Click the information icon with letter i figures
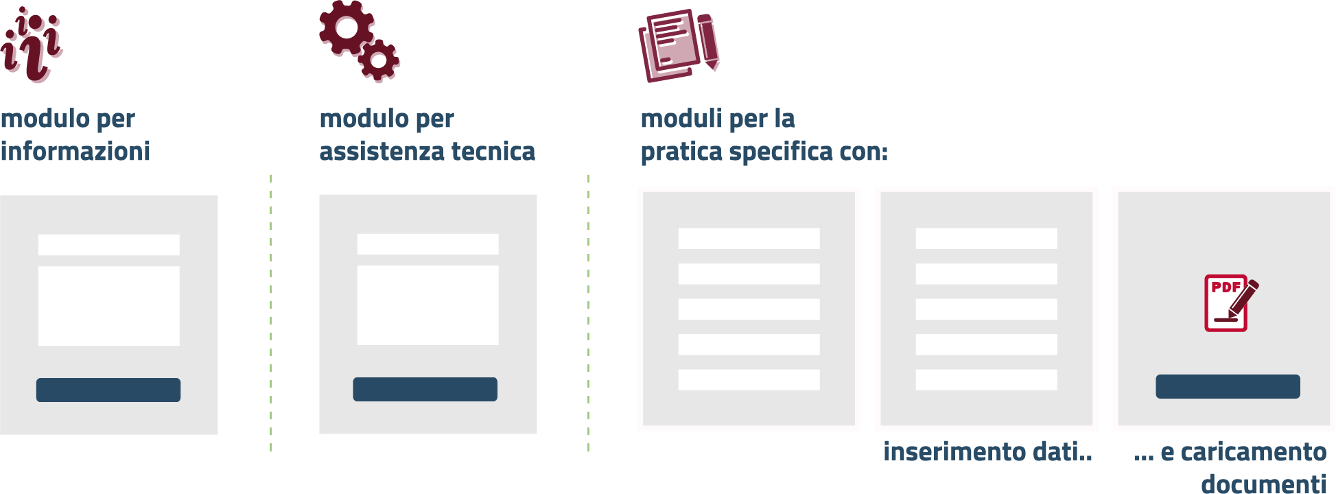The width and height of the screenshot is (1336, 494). click(x=32, y=45)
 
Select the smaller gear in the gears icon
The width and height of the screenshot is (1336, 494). click(x=378, y=60)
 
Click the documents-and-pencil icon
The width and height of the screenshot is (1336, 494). click(x=678, y=45)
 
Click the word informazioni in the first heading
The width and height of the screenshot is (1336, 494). click(x=75, y=152)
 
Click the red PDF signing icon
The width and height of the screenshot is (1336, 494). click(x=1230, y=303)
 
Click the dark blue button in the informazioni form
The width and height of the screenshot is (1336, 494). click(x=108, y=390)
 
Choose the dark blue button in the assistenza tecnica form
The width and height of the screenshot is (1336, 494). click(x=425, y=389)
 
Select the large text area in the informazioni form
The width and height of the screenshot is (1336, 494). click(x=108, y=305)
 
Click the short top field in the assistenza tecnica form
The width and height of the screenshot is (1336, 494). click(x=427, y=244)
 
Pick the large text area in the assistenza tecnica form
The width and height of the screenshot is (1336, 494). click(x=427, y=305)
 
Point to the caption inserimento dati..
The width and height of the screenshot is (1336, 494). click(x=987, y=451)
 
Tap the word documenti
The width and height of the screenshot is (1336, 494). click(x=1263, y=484)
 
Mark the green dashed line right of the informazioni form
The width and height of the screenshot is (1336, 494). click(x=271, y=312)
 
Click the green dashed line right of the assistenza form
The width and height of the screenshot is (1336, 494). click(x=588, y=312)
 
